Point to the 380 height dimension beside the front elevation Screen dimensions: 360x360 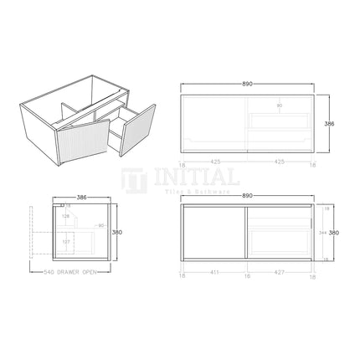click(333, 232)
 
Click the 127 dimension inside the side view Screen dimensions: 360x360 click(66, 244)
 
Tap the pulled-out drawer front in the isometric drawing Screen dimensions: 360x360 click(137, 130)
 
